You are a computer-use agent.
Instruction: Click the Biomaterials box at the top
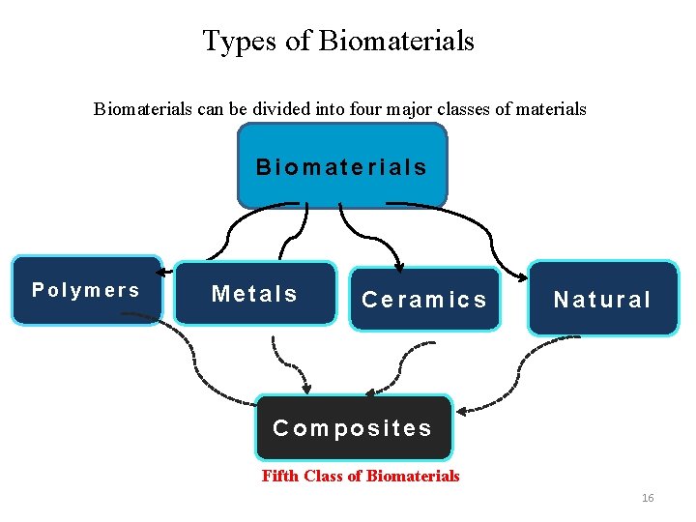tap(342, 166)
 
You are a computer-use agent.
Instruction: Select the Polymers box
tap(86, 290)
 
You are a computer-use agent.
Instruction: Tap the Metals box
tap(255, 293)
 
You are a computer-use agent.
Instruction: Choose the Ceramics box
tap(424, 300)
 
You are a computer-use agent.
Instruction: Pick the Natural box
tap(603, 299)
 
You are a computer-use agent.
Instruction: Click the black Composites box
tap(353, 427)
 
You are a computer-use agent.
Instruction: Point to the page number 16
tap(648, 498)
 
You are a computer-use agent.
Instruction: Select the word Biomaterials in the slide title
tap(396, 41)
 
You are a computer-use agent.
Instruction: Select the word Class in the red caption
tap(325, 476)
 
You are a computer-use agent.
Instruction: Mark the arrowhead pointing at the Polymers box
tap(166, 275)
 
